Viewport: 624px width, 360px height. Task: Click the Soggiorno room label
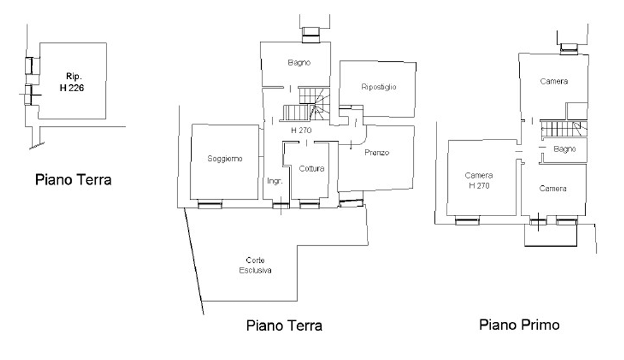tap(225, 158)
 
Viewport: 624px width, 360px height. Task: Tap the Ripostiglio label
tap(378, 87)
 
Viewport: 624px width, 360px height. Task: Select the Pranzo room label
tap(376, 153)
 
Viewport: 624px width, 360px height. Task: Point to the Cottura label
tap(312, 169)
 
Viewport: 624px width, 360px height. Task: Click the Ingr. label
tap(274, 181)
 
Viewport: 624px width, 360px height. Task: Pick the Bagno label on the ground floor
tap(298, 63)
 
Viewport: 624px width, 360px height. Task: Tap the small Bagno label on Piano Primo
tap(564, 150)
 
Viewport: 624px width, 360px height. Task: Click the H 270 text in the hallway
tap(302, 130)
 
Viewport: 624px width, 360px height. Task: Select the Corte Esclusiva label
tap(255, 266)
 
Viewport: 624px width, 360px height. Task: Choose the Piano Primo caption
tap(519, 325)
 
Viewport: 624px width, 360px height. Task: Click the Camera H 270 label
tap(479, 181)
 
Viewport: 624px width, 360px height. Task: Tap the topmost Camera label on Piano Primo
tap(554, 81)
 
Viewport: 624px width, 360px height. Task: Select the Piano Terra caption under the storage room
tap(73, 180)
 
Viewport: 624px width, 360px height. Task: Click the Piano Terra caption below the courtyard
tap(284, 326)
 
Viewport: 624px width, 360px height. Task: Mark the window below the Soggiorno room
tap(209, 204)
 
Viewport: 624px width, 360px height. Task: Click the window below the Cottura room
tap(309, 204)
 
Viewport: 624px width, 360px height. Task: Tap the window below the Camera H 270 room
tap(468, 221)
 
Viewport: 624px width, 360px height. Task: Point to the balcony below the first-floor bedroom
tap(551, 235)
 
